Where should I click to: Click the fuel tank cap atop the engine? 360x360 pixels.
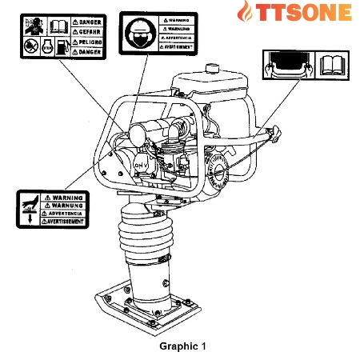[x=213, y=69]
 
